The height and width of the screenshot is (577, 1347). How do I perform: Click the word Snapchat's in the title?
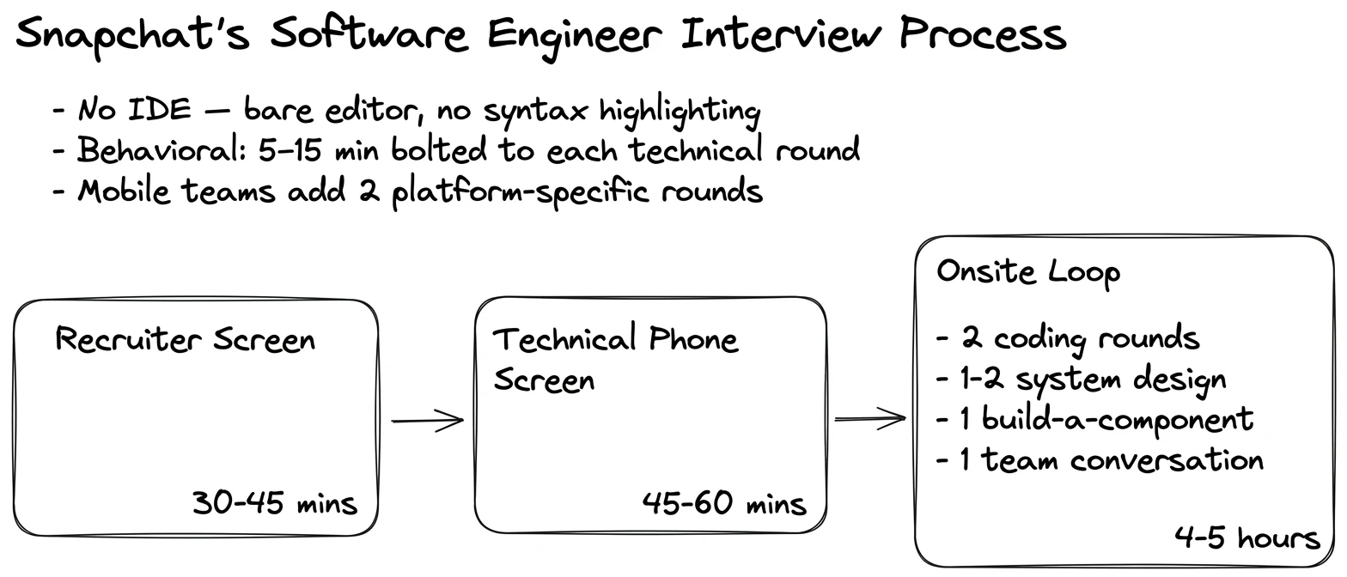point(132,35)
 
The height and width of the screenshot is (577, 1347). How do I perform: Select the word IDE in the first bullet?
point(160,109)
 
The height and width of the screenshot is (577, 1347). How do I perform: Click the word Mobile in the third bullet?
point(124,191)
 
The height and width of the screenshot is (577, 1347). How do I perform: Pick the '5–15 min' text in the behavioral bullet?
point(319,149)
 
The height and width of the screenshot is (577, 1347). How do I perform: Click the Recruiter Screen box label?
point(186,339)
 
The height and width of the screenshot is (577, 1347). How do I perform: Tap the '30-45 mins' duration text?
point(275,502)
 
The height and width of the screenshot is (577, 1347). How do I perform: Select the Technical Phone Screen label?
point(615,359)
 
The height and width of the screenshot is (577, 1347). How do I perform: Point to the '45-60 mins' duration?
point(725,502)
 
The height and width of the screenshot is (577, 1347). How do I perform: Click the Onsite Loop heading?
point(1028,272)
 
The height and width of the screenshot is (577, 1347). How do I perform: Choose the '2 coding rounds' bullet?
point(1068,338)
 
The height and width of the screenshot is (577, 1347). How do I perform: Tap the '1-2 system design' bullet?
point(1082,380)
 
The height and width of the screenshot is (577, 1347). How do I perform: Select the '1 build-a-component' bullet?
point(1095,419)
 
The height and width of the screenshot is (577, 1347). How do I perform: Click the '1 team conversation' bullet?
point(1100,460)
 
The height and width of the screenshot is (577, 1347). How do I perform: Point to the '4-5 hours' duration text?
point(1247,538)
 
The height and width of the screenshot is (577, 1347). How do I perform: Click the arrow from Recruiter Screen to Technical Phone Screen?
point(428,421)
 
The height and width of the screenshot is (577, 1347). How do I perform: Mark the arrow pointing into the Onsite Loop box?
point(870,418)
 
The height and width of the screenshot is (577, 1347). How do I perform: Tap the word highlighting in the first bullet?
point(680,112)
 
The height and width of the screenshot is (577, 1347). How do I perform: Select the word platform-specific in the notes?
point(521,192)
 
